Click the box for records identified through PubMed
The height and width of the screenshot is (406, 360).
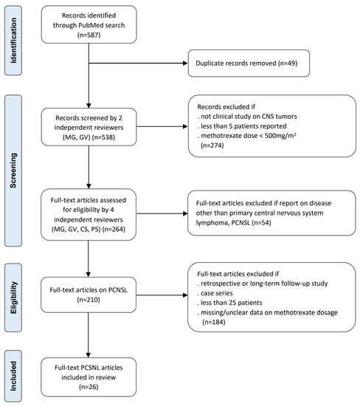(89, 27)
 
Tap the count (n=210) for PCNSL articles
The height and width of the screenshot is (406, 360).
(89, 300)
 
